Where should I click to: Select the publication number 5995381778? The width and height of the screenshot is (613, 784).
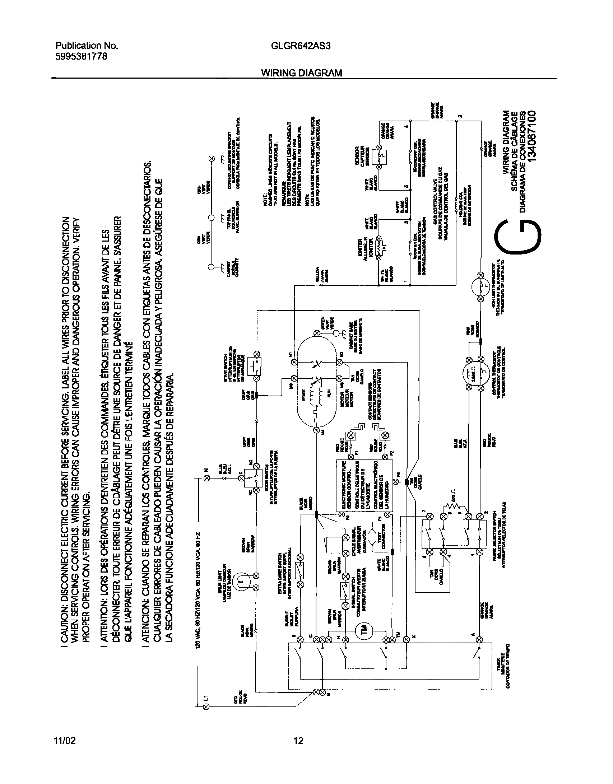pyautogui.click(x=81, y=56)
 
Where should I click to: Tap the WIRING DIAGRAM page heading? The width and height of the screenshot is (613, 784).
pyautogui.click(x=301, y=73)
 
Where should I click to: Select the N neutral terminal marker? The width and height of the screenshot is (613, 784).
pyautogui.click(x=207, y=478)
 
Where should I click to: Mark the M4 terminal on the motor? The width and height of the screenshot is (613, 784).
pyautogui.click(x=317, y=430)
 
